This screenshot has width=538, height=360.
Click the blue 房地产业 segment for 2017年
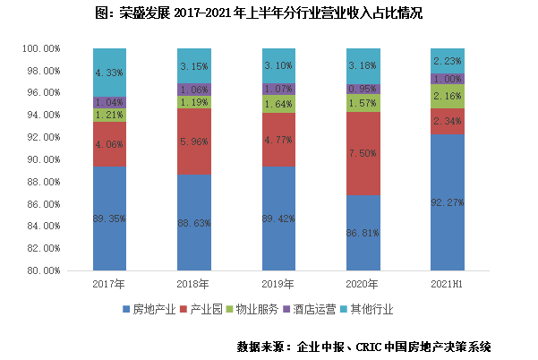[109, 218]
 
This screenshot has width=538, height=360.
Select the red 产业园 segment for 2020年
[363, 153]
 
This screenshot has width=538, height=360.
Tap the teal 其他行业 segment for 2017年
[109, 72]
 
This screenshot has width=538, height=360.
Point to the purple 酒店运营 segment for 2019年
[278, 89]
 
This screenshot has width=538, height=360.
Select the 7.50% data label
[363, 153]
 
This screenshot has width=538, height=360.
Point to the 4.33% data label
[109, 72]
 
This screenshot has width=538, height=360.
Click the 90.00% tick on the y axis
[41, 159]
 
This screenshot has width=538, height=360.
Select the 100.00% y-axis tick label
[39, 48]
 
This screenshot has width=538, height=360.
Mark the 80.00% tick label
[41, 270]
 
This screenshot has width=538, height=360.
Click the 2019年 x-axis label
[278, 284]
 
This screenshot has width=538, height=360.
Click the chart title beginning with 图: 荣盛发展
[269, 13]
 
